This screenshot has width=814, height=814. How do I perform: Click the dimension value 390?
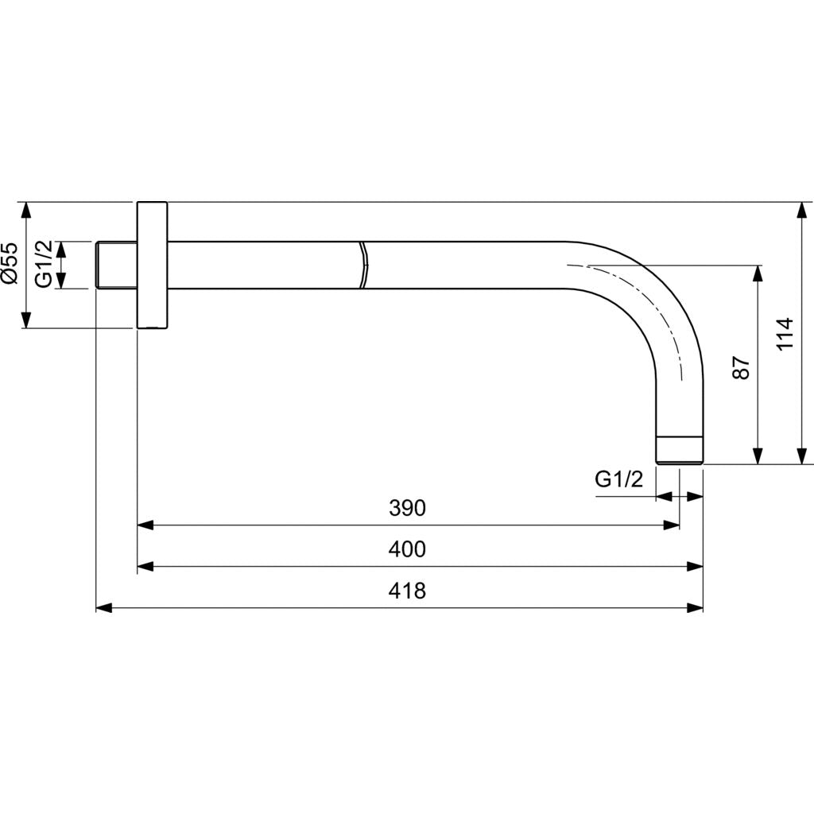tap(408, 508)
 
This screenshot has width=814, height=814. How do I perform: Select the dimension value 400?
tap(408, 549)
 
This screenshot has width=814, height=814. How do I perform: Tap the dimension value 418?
tap(408, 591)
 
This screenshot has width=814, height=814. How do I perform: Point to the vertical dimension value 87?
tap(741, 367)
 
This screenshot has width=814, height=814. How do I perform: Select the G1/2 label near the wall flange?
tap(45, 264)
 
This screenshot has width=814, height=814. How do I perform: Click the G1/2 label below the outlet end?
tap(618, 479)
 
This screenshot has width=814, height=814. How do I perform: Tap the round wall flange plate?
tap(152, 265)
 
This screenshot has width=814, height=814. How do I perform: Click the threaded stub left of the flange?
tap(116, 265)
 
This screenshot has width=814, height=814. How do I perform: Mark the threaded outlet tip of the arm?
tap(680, 450)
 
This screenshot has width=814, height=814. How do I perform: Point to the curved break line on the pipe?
tap(363, 265)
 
